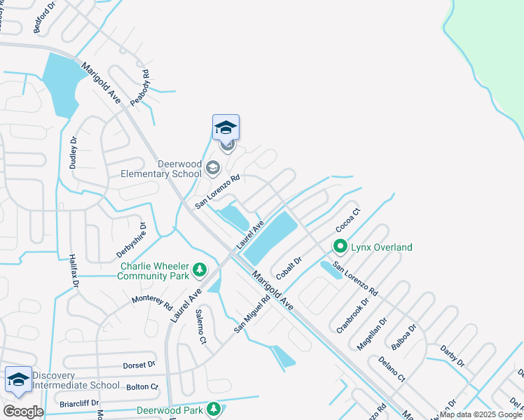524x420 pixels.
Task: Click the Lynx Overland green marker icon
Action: [340, 246]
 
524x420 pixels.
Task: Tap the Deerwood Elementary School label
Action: [161, 169]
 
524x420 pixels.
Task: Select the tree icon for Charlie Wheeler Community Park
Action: [200, 269]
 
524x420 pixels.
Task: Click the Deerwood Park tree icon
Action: [213, 409]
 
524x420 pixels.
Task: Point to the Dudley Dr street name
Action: [73, 153]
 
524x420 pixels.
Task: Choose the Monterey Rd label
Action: [152, 302]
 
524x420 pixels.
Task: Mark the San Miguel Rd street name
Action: [252, 314]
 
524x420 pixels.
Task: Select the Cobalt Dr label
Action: [289, 268]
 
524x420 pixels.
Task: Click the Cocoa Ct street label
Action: [347, 220]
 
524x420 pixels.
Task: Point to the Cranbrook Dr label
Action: [352, 315]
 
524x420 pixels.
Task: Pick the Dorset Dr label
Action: [139, 365]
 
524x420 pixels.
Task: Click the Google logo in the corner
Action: [23, 412]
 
